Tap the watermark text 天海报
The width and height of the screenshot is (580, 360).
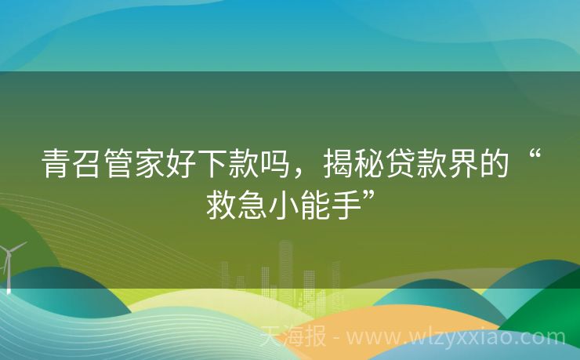click(293, 338)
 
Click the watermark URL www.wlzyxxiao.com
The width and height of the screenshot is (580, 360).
click(455, 338)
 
